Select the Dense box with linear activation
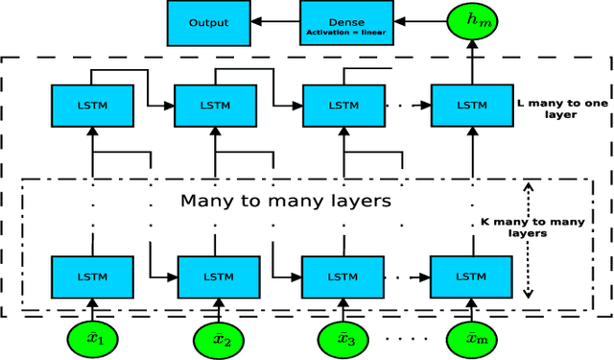point(332,22)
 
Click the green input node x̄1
point(93,339)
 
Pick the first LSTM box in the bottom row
point(93,276)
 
